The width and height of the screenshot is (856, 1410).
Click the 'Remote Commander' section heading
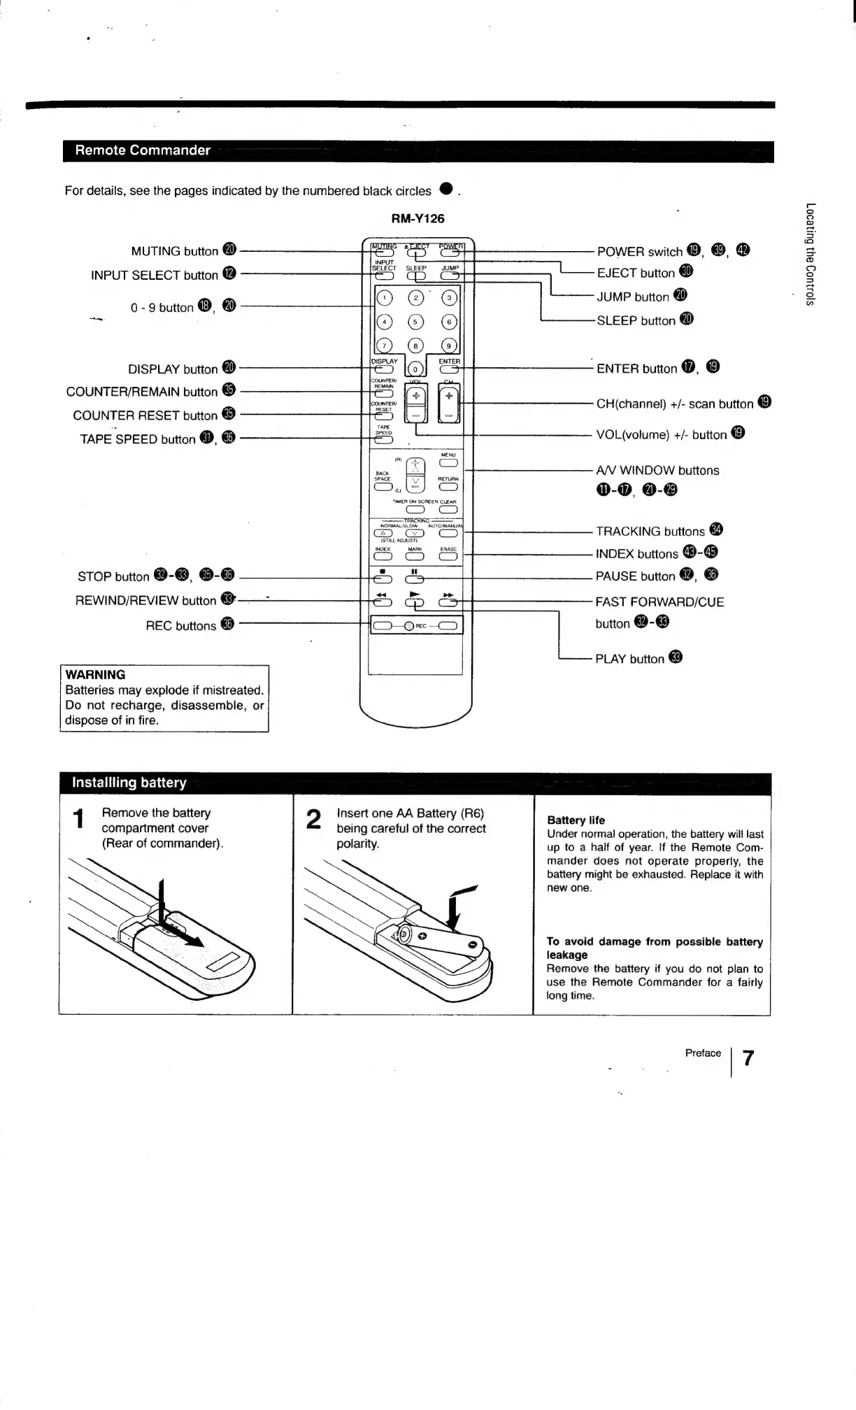click(143, 150)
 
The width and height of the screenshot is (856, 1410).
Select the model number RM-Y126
click(418, 218)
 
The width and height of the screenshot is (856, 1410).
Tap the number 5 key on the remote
click(416, 322)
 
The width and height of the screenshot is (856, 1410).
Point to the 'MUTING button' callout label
click(175, 251)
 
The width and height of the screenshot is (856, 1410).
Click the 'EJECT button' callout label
click(636, 273)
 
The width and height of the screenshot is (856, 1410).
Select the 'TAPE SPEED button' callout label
click(138, 439)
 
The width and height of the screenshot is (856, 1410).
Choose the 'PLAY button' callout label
click(629, 659)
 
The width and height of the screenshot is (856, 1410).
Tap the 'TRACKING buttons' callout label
click(650, 532)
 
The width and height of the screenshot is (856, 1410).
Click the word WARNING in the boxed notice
click(95, 675)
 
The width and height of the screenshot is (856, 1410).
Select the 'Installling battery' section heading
click(129, 783)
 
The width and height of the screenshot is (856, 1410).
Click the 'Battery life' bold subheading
click(576, 820)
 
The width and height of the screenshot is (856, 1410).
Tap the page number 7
click(748, 1058)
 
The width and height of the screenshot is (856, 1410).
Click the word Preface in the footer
click(703, 1053)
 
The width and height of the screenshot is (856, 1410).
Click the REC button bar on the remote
click(415, 626)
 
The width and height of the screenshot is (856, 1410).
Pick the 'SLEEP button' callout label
click(636, 321)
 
